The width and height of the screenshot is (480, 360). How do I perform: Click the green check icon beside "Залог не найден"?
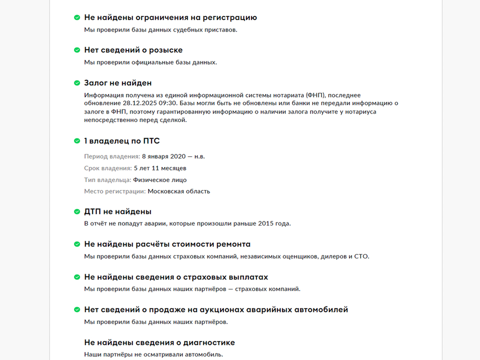pyautogui.click(x=77, y=83)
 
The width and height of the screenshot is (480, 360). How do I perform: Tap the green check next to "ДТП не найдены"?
pyautogui.click(x=77, y=211)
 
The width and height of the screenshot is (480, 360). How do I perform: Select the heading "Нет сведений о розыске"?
pyautogui.click(x=133, y=50)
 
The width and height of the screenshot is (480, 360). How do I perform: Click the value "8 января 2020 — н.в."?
pyautogui.click(x=173, y=156)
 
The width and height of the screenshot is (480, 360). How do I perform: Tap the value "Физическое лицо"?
pyautogui.click(x=159, y=180)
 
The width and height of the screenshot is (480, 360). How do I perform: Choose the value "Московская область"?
pyautogui.click(x=179, y=191)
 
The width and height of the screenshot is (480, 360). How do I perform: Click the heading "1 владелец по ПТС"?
pyautogui.click(x=122, y=141)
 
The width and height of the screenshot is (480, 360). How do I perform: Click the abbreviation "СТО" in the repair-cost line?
pyautogui.click(x=360, y=256)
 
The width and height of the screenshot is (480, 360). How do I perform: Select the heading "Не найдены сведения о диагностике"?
pyautogui.click(x=159, y=342)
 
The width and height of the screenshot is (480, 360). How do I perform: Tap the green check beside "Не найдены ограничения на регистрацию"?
pyautogui.click(x=77, y=17)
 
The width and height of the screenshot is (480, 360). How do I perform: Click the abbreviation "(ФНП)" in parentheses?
pyautogui.click(x=314, y=95)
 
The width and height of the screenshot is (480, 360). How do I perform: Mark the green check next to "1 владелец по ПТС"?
pyautogui.click(x=77, y=141)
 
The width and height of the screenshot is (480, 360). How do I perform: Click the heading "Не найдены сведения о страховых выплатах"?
pyautogui.click(x=176, y=277)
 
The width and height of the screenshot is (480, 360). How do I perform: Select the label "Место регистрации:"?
pyautogui.click(x=115, y=191)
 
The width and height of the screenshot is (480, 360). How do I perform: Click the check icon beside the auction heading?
pyautogui.click(x=77, y=309)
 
